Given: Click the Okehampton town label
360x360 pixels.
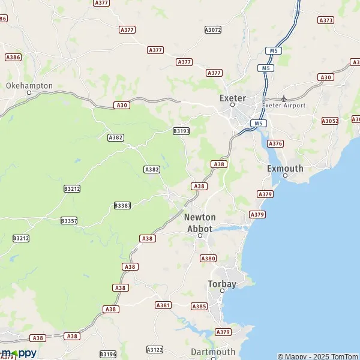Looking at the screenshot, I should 29,86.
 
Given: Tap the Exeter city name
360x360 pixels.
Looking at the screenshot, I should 232,98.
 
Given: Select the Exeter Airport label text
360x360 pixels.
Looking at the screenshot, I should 284,106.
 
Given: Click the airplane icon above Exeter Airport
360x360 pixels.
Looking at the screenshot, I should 284,98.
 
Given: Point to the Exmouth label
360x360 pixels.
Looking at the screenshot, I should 285,169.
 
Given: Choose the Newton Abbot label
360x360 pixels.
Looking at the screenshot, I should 200,223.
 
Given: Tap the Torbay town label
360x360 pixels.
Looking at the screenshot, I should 222,284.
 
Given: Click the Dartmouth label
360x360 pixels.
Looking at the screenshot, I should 213,352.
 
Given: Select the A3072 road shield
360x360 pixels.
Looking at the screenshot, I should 212,29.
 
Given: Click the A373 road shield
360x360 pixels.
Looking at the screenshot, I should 326,20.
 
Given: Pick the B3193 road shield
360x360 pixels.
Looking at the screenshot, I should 181,131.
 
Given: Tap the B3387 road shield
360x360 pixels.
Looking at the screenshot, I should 122,205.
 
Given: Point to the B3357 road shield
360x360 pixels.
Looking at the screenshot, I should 69,221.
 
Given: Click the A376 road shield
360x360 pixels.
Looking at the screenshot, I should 275,143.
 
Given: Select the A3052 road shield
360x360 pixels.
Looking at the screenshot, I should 330,121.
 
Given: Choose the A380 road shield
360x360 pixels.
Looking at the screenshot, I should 208,259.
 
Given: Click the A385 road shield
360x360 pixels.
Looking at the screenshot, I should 199,307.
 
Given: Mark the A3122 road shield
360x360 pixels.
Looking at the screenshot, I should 155,349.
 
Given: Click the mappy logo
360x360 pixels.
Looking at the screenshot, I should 19,353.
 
